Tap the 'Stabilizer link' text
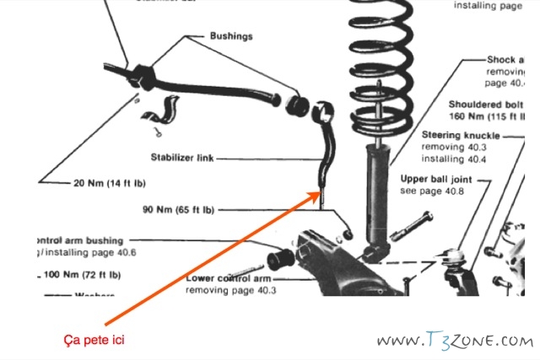pyautogui.click(x=186, y=157)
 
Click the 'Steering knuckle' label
pyautogui.click(x=460, y=135)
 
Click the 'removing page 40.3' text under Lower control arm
pyautogui.click(x=231, y=290)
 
